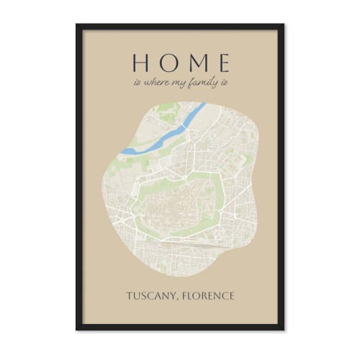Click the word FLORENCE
point(210,296)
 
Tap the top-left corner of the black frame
point(77,25)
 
